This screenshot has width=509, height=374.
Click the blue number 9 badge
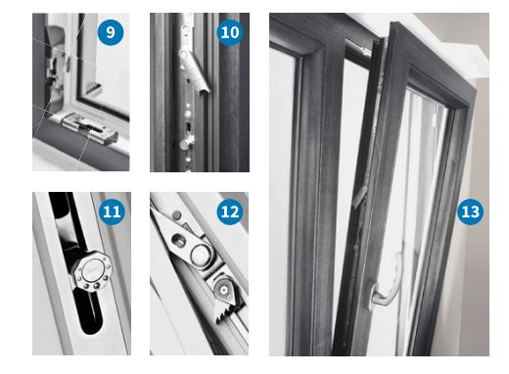coord(111,32)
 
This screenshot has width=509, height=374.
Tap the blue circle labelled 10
coord(230,32)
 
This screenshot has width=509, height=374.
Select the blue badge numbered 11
coord(112,211)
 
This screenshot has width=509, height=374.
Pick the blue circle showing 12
coord(230,211)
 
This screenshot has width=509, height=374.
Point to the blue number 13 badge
coord(470,211)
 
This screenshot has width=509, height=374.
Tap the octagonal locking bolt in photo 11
coord(92,272)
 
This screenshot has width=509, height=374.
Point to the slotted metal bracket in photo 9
coord(90,127)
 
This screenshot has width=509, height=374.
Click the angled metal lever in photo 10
coord(196,71)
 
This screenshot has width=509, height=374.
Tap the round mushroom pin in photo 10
coord(185,145)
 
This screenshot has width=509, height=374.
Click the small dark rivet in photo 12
coord(176,215)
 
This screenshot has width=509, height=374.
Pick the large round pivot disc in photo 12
coord(201,255)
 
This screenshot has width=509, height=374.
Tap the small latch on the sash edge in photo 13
coord(359,198)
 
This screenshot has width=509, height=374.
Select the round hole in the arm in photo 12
coord(179,241)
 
